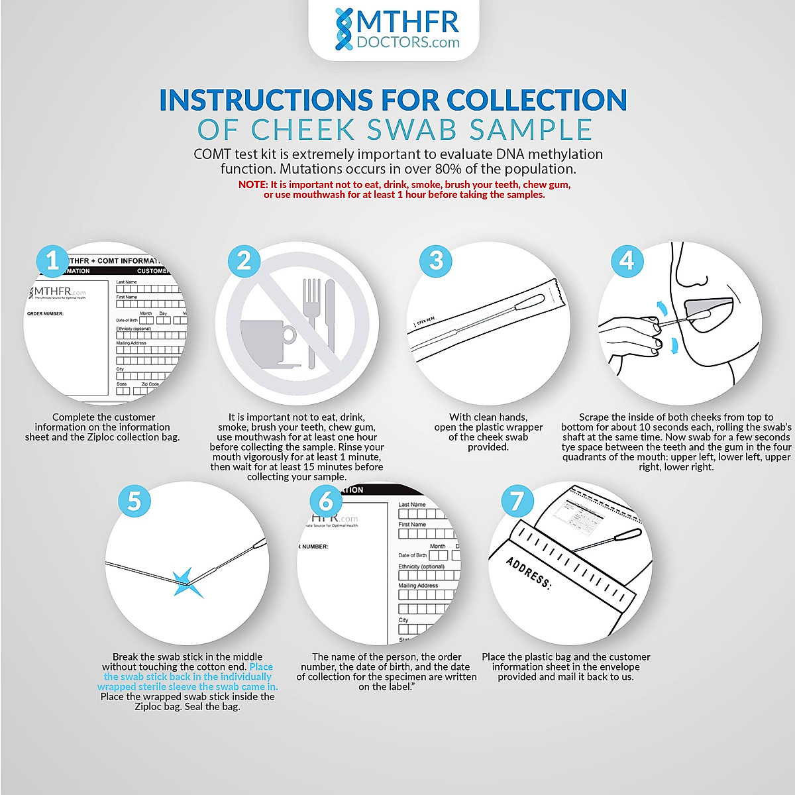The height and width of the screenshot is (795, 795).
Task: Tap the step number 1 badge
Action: point(52,261)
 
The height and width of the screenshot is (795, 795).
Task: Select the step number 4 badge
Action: point(626,261)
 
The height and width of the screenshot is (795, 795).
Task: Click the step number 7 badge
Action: point(517,500)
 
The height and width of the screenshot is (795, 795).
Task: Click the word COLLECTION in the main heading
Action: point(537,100)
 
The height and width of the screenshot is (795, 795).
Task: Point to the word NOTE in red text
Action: point(253,185)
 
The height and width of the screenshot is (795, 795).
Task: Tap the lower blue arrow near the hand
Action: point(674,345)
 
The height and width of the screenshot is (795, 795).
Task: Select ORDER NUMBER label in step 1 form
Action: point(45,314)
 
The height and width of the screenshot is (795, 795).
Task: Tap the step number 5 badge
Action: point(134,500)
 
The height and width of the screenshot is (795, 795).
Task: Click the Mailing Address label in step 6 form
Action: point(418,586)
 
